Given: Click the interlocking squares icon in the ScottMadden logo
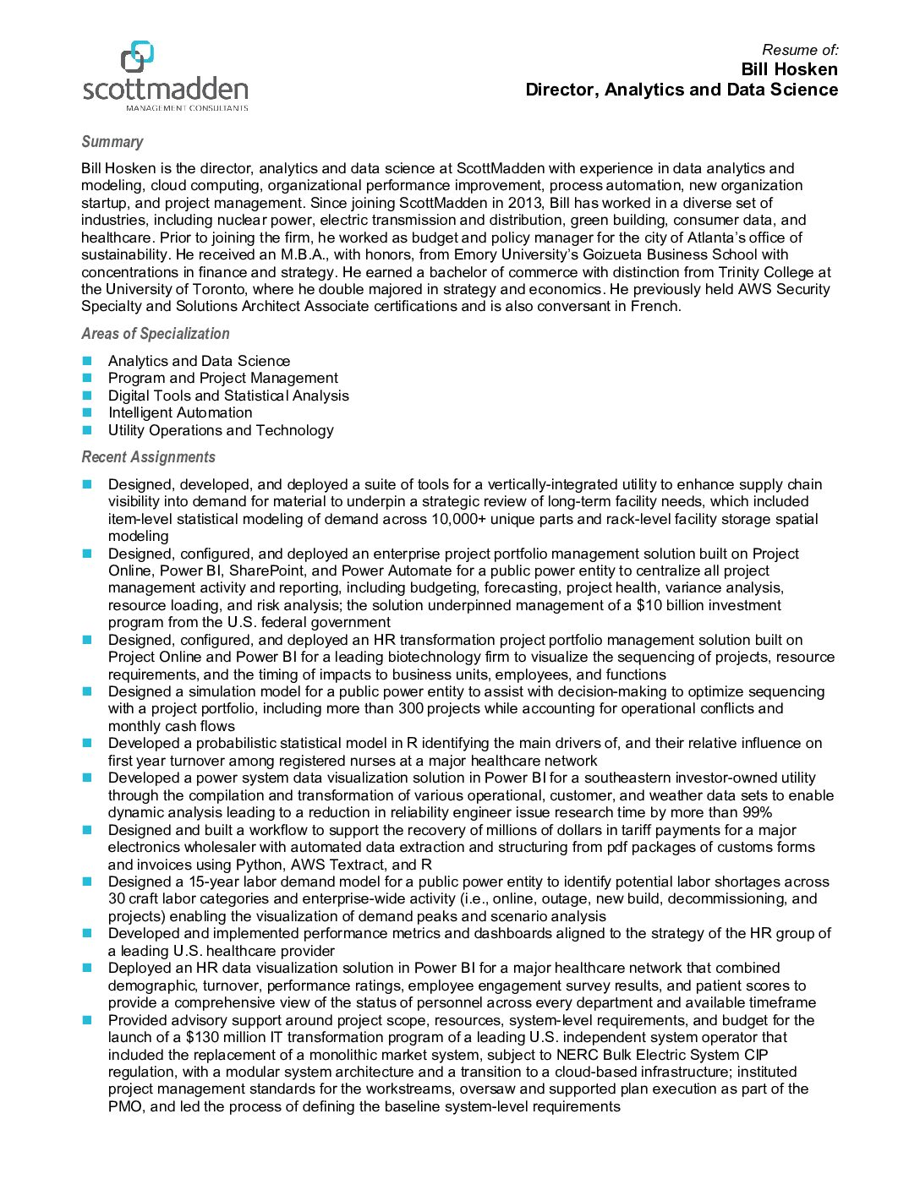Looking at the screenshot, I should [x=138, y=56].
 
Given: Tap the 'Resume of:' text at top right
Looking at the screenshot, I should [x=800, y=50].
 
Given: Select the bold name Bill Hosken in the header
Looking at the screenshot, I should [x=789, y=69].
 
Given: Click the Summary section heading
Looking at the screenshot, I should [x=112, y=142].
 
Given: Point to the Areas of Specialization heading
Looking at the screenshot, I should [x=156, y=334].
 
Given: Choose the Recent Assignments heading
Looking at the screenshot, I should [x=149, y=457].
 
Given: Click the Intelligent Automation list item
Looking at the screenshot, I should [x=180, y=412].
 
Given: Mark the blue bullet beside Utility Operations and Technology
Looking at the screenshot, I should [x=87, y=429].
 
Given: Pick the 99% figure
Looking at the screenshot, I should [x=757, y=812].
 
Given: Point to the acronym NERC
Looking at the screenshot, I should [x=577, y=1055].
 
